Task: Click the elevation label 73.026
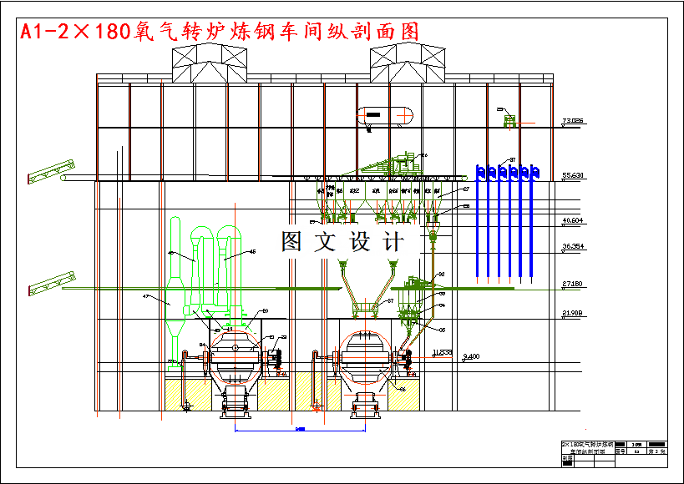point(572,122)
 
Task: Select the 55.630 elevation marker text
point(572,176)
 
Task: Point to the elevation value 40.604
point(572,220)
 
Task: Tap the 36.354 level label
point(572,247)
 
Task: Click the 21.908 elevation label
point(572,313)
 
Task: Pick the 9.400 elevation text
point(472,357)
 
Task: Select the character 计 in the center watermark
point(391,242)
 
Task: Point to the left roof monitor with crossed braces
point(210,63)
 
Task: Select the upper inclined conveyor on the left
point(51,170)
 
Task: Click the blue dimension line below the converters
point(301,431)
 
